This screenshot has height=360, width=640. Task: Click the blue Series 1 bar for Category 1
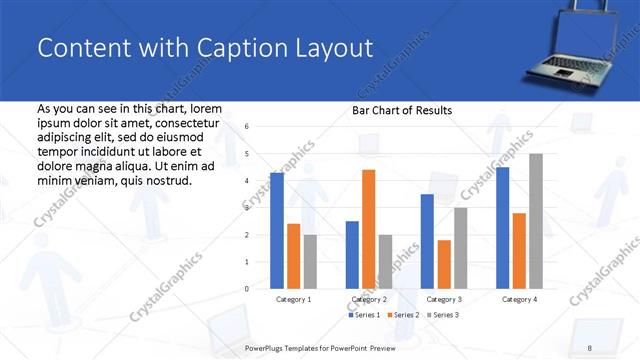coord(277,231)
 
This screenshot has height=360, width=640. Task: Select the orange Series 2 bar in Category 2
coord(368,229)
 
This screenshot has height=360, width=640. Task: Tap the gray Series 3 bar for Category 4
coord(536,221)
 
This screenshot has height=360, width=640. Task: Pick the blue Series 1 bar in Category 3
coord(427,241)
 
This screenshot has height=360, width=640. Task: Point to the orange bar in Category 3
coord(443,264)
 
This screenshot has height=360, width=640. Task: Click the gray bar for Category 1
coord(310,261)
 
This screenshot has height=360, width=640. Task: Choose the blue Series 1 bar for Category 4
coord(502,228)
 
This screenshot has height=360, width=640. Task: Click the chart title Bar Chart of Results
coord(402,110)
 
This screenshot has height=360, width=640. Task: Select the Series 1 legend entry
coord(363,315)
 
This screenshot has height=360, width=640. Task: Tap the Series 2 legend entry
coord(403,315)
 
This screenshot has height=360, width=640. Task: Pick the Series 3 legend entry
coord(443,315)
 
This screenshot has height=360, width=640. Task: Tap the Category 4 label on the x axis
coord(519,299)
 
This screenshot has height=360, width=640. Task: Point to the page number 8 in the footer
coord(589,348)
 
